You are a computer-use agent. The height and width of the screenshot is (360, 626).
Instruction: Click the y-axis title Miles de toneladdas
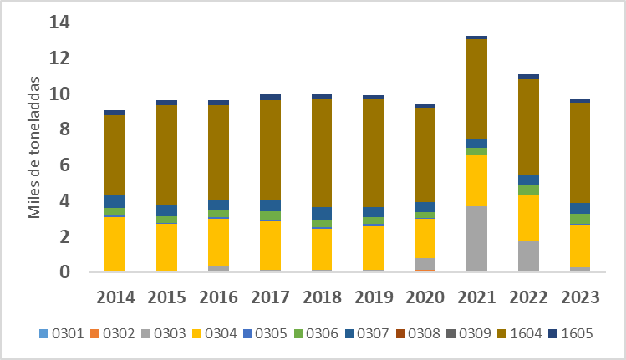pos(35,148)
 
